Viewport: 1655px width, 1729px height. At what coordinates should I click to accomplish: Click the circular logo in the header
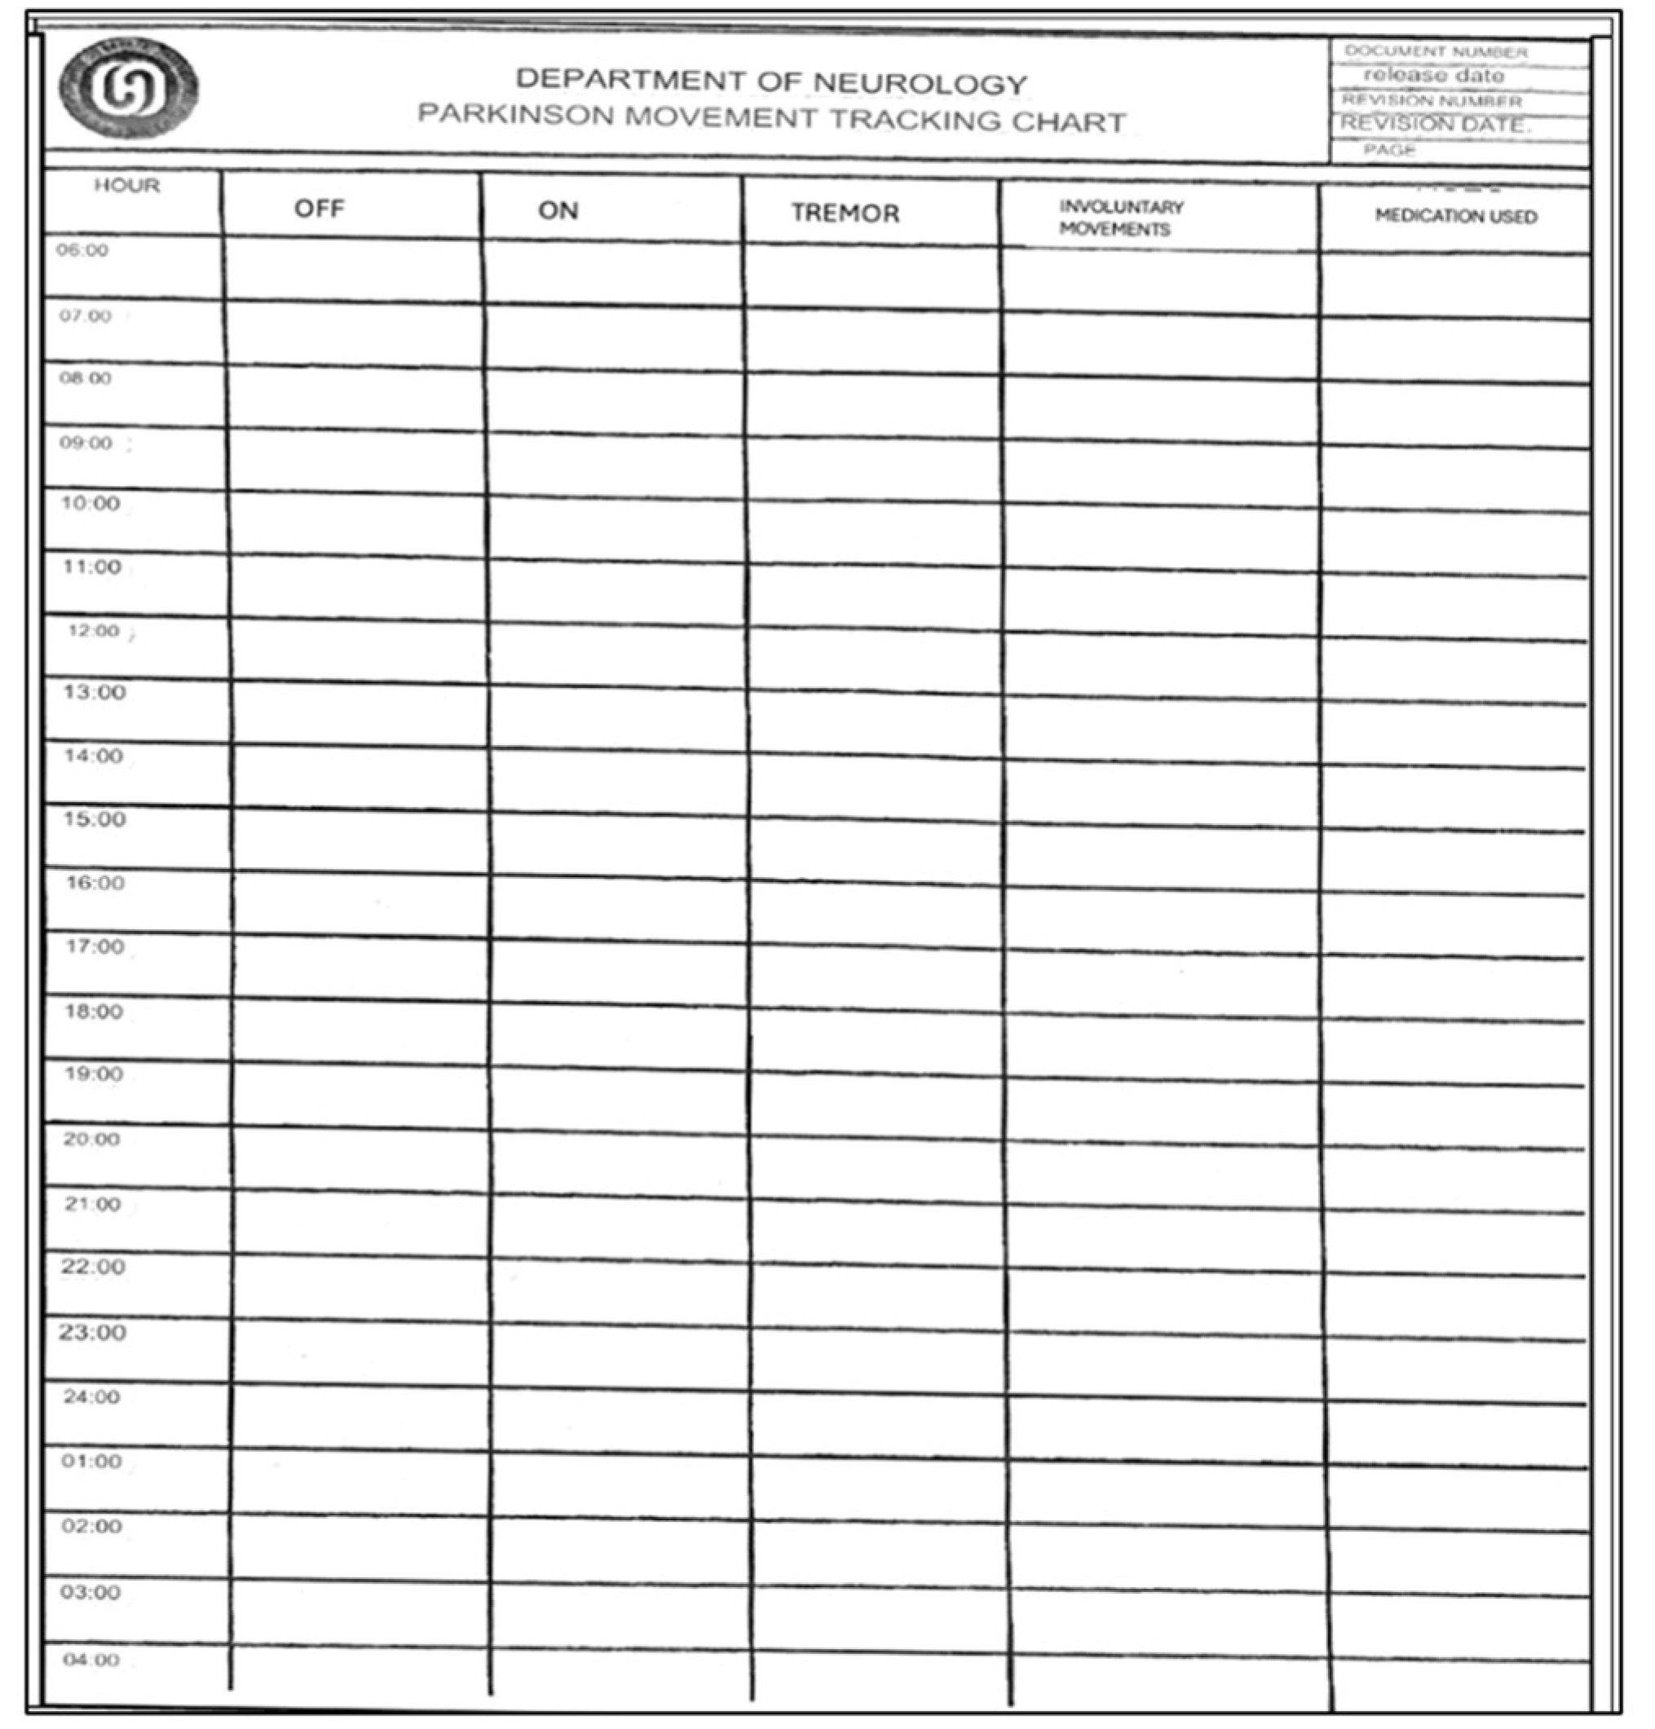click(x=129, y=87)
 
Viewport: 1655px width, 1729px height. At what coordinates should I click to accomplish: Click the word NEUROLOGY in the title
click(x=920, y=84)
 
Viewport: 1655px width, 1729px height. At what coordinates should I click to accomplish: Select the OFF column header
click(x=320, y=209)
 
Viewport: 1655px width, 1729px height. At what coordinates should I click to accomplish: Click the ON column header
click(x=558, y=211)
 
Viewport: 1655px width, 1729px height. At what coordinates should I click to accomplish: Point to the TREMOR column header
click(x=845, y=214)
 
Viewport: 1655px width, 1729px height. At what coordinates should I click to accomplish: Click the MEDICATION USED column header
click(x=1454, y=217)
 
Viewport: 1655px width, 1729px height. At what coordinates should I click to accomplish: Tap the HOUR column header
click(x=127, y=186)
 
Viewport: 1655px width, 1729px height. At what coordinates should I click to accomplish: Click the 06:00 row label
click(x=83, y=250)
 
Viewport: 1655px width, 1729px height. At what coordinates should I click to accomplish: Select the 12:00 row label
click(x=94, y=631)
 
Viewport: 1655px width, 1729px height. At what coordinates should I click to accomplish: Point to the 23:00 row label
click(x=93, y=1332)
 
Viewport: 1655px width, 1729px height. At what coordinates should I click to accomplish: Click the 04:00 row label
click(x=90, y=1661)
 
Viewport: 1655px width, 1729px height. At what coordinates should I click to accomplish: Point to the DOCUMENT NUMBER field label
click(x=1436, y=52)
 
